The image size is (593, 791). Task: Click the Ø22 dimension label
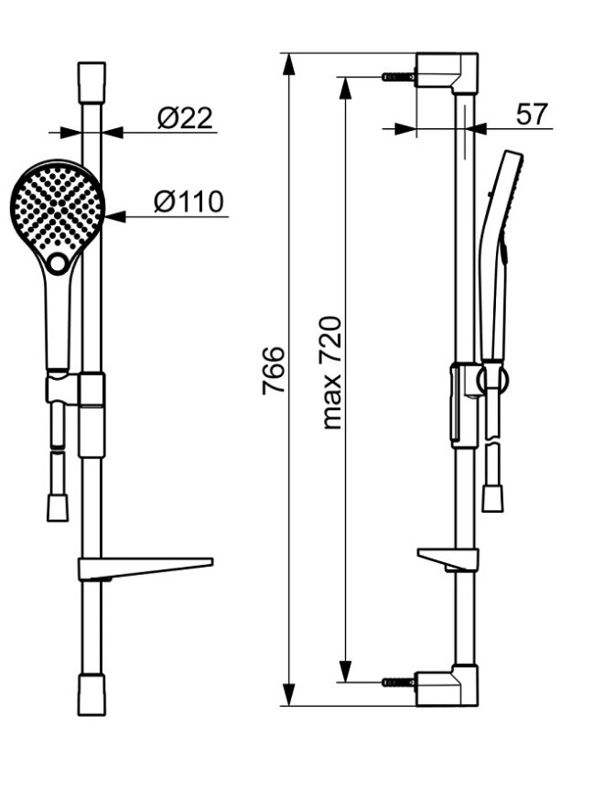(x=185, y=118)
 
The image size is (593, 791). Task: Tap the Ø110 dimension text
(x=189, y=201)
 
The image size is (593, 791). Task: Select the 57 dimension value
(x=532, y=114)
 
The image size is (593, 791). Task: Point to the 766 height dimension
(x=274, y=370)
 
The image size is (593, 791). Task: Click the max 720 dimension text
(x=331, y=373)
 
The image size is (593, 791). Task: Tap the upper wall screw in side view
(x=399, y=77)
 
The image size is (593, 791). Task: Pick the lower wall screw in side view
(x=399, y=682)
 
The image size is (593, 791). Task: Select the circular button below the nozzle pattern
(x=59, y=263)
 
